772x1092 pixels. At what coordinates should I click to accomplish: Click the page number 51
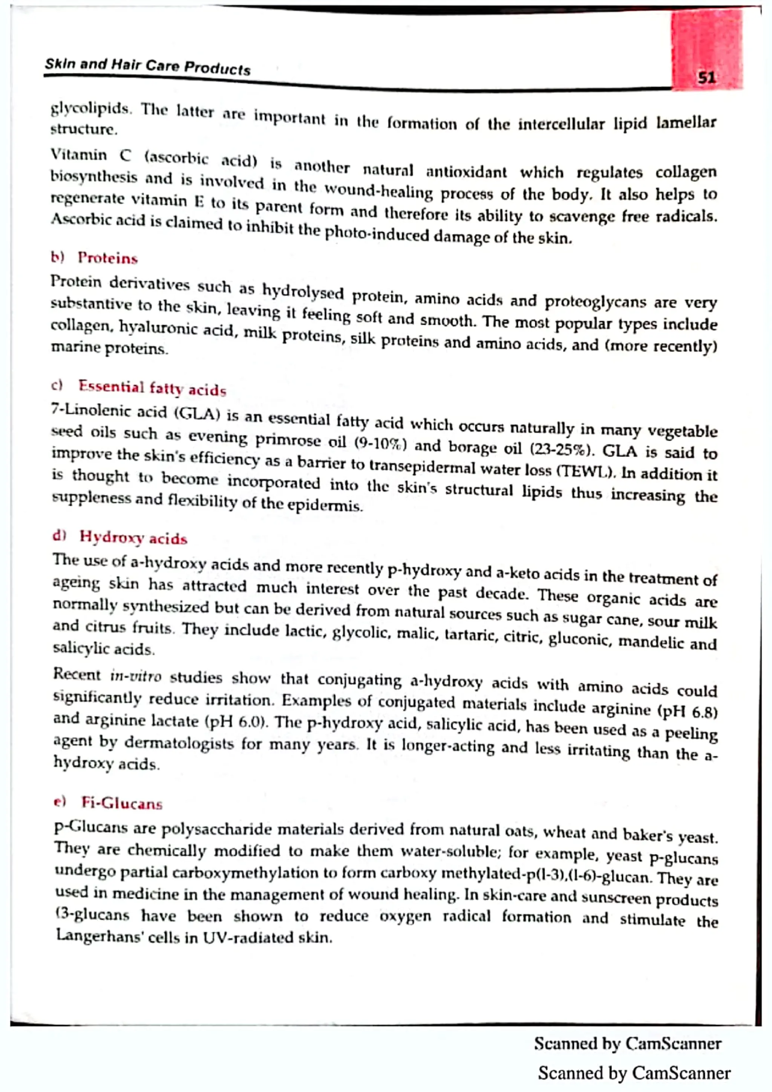pos(706,78)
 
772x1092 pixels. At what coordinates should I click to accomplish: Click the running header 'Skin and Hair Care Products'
pos(147,67)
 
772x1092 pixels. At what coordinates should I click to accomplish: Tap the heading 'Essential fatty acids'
pos(152,388)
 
